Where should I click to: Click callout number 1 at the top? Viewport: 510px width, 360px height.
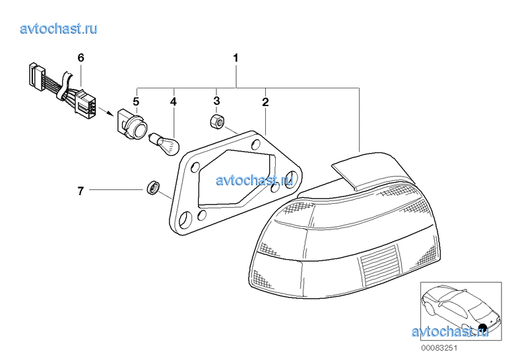(236, 58)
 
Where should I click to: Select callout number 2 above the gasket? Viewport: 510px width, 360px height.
(265, 102)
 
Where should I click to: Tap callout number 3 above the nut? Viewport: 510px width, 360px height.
(216, 101)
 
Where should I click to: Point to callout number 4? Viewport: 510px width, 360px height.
(174, 102)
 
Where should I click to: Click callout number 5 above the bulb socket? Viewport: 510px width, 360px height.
(136, 102)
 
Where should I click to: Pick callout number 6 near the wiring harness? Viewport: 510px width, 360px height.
(80, 58)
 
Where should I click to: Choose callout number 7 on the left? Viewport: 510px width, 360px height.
(80, 191)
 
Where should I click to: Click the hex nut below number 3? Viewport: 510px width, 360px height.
(218, 121)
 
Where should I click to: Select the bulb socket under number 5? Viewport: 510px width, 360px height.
(131, 125)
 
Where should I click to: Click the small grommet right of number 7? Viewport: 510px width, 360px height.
(152, 187)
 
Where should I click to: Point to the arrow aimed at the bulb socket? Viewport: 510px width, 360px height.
(106, 111)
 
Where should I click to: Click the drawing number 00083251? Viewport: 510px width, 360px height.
(439, 348)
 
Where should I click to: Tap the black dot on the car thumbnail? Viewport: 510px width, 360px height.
(483, 328)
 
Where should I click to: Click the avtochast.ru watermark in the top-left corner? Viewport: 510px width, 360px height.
(59, 28)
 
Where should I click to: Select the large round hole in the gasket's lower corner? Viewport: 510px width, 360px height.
(185, 219)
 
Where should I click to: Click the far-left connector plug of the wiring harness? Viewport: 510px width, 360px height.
(37, 76)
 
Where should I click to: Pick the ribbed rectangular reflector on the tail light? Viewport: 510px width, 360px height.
(379, 264)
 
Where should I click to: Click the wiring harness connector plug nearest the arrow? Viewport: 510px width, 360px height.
(85, 102)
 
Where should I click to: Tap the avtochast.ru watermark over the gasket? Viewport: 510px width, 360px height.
(255, 180)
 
